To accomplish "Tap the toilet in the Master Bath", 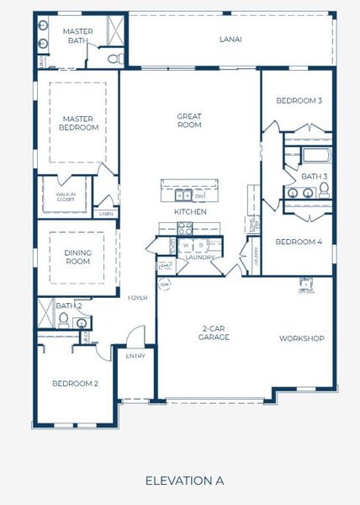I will coord(117,58).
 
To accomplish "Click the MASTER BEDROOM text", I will coord(77,124).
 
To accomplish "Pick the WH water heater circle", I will coord(165,284).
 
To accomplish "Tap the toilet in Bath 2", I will coord(63,319).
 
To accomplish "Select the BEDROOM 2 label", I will coord(75,384).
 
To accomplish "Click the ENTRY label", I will coord(135,356).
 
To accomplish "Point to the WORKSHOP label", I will coord(302,338).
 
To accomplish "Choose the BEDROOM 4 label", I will coord(299,242).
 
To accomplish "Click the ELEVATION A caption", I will coord(184,481).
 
